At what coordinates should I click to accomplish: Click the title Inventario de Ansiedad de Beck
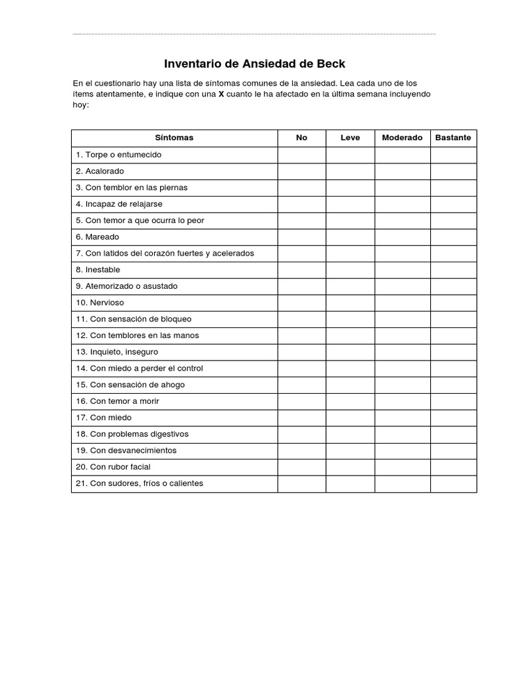(255, 64)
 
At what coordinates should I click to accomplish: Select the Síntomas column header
(174, 138)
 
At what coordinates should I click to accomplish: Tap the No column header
(301, 138)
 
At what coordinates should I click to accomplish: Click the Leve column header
(350, 138)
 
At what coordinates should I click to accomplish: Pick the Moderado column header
(402, 138)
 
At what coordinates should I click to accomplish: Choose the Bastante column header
(453, 138)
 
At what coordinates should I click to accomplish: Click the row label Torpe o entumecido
(119, 155)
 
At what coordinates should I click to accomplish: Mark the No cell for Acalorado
(301, 171)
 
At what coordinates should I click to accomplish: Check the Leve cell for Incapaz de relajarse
(350, 204)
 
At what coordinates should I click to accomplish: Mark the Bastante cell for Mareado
(453, 237)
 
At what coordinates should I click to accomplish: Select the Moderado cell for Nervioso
(402, 303)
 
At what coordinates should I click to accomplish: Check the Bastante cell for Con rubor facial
(453, 467)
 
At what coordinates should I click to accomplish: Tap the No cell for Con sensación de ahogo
(301, 384)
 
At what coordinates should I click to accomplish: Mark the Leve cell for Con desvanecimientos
(350, 450)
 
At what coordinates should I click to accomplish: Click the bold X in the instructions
(221, 94)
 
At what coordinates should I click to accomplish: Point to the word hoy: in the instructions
(80, 105)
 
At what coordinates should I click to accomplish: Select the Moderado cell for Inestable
(402, 270)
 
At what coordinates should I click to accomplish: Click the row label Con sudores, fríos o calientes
(139, 483)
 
